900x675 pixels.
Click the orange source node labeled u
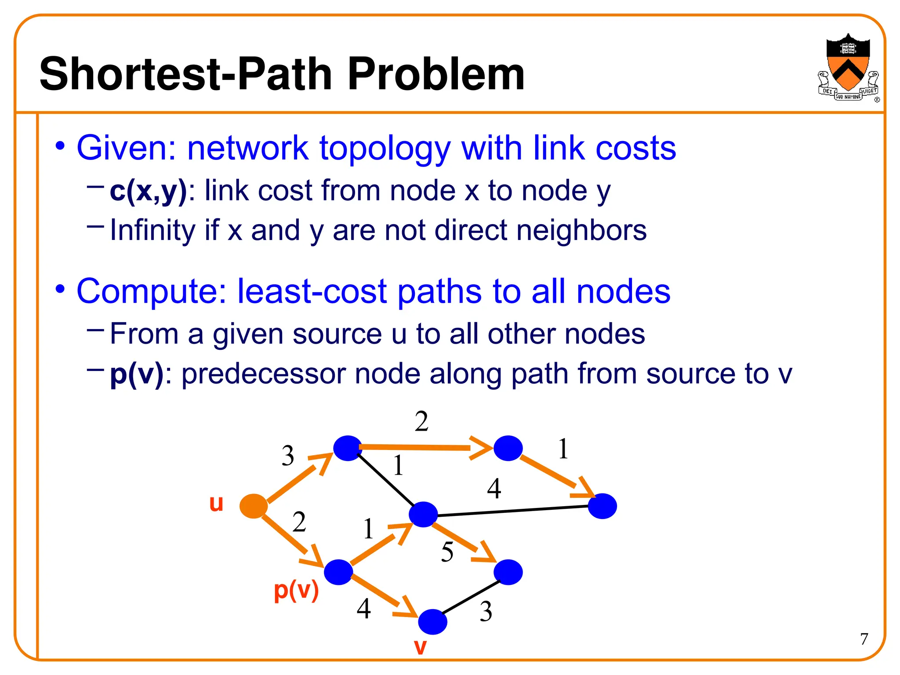click(x=254, y=506)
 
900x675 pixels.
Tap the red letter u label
click(x=216, y=503)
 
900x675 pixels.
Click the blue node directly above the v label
click(x=432, y=622)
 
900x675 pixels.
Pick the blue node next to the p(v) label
click(x=338, y=572)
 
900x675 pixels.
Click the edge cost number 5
click(x=447, y=552)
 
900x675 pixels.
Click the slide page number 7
click(x=864, y=639)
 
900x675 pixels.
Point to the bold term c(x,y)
click(x=148, y=191)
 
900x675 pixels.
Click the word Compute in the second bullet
click(x=152, y=292)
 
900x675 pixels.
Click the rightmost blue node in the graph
click(x=602, y=506)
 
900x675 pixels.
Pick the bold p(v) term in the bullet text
click(x=136, y=374)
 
